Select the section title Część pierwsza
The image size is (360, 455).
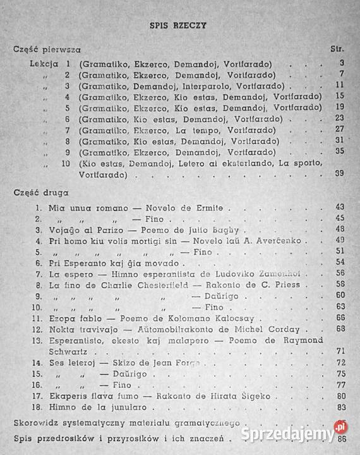[47, 49]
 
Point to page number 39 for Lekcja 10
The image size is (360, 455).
[340, 174]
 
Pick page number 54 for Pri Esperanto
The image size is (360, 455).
[340, 262]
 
